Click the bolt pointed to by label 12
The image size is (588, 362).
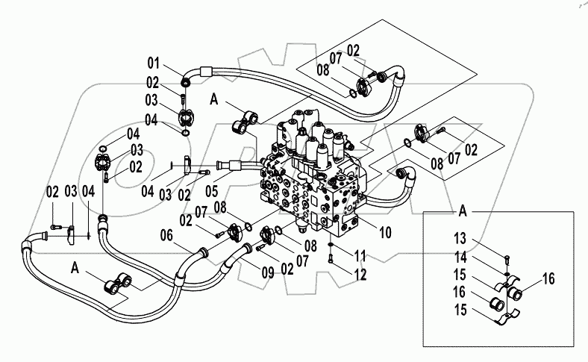(330, 259)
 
